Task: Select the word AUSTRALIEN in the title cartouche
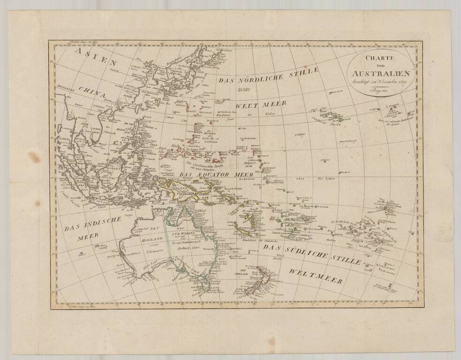[381, 74]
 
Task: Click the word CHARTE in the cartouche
[381, 58]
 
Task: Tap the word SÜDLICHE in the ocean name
[310, 252]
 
